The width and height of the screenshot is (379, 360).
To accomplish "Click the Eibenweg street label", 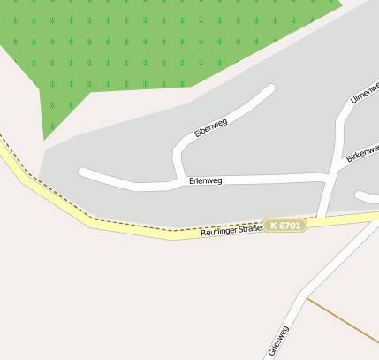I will (x=211, y=128).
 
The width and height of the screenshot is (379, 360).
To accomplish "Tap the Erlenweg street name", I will (x=205, y=180).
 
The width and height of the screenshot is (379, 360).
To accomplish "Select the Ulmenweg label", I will (x=364, y=92).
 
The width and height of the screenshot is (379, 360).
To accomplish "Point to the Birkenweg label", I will (x=362, y=152).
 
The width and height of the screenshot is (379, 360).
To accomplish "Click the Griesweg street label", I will (x=277, y=341).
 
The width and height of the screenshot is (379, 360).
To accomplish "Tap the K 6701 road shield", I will (x=285, y=226).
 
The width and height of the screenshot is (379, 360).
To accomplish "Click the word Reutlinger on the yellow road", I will (x=219, y=232).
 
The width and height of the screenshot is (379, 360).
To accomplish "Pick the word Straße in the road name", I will (x=249, y=229).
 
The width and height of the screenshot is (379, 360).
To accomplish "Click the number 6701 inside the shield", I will (x=291, y=226).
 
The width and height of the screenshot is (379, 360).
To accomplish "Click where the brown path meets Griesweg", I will (x=307, y=297).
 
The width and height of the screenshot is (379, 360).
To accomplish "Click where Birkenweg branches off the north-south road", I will (x=337, y=166).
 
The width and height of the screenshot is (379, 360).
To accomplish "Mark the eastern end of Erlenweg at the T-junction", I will (x=328, y=178).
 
